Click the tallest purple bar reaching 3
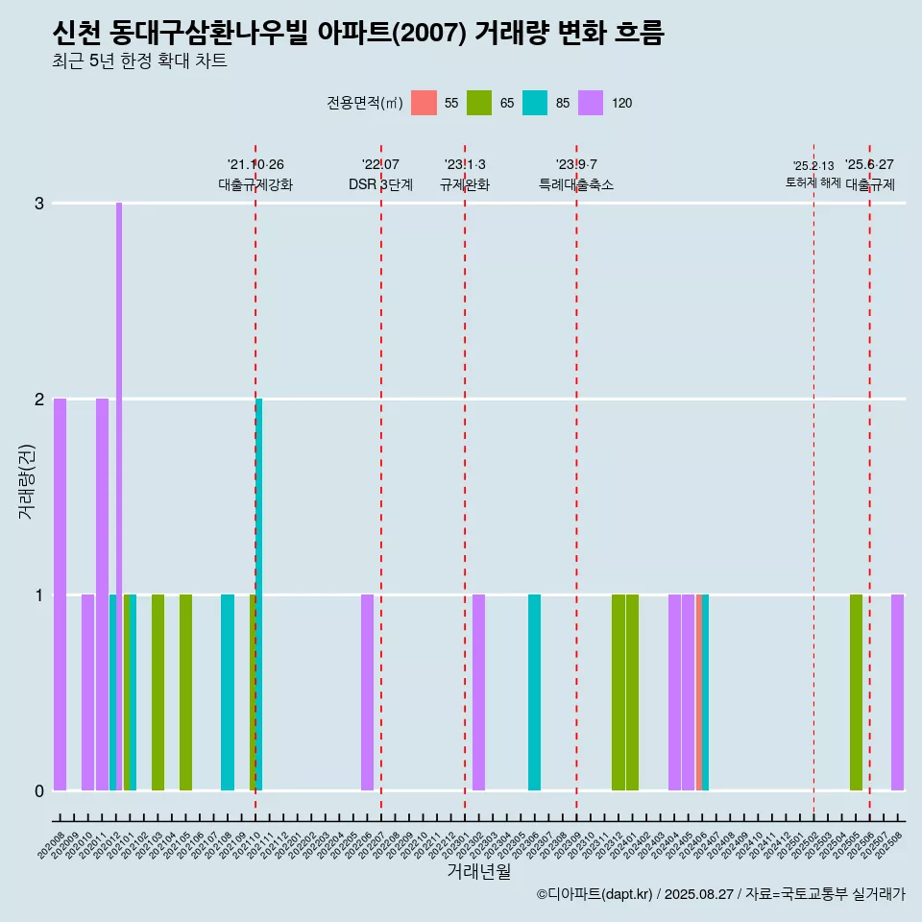point(119,480)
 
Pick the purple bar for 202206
point(367,691)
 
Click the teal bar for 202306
point(534,691)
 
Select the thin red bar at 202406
point(698,691)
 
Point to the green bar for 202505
point(856,691)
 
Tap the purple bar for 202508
point(897,691)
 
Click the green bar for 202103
point(158,691)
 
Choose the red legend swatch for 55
point(424,103)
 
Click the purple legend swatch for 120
point(591,103)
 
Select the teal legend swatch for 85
point(535,103)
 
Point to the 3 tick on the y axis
point(39,204)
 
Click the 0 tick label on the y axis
point(39,790)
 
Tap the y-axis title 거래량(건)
point(26,480)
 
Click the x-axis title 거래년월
point(478,871)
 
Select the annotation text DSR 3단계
point(380,184)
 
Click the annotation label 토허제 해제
point(813,182)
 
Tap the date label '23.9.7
point(576,165)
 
